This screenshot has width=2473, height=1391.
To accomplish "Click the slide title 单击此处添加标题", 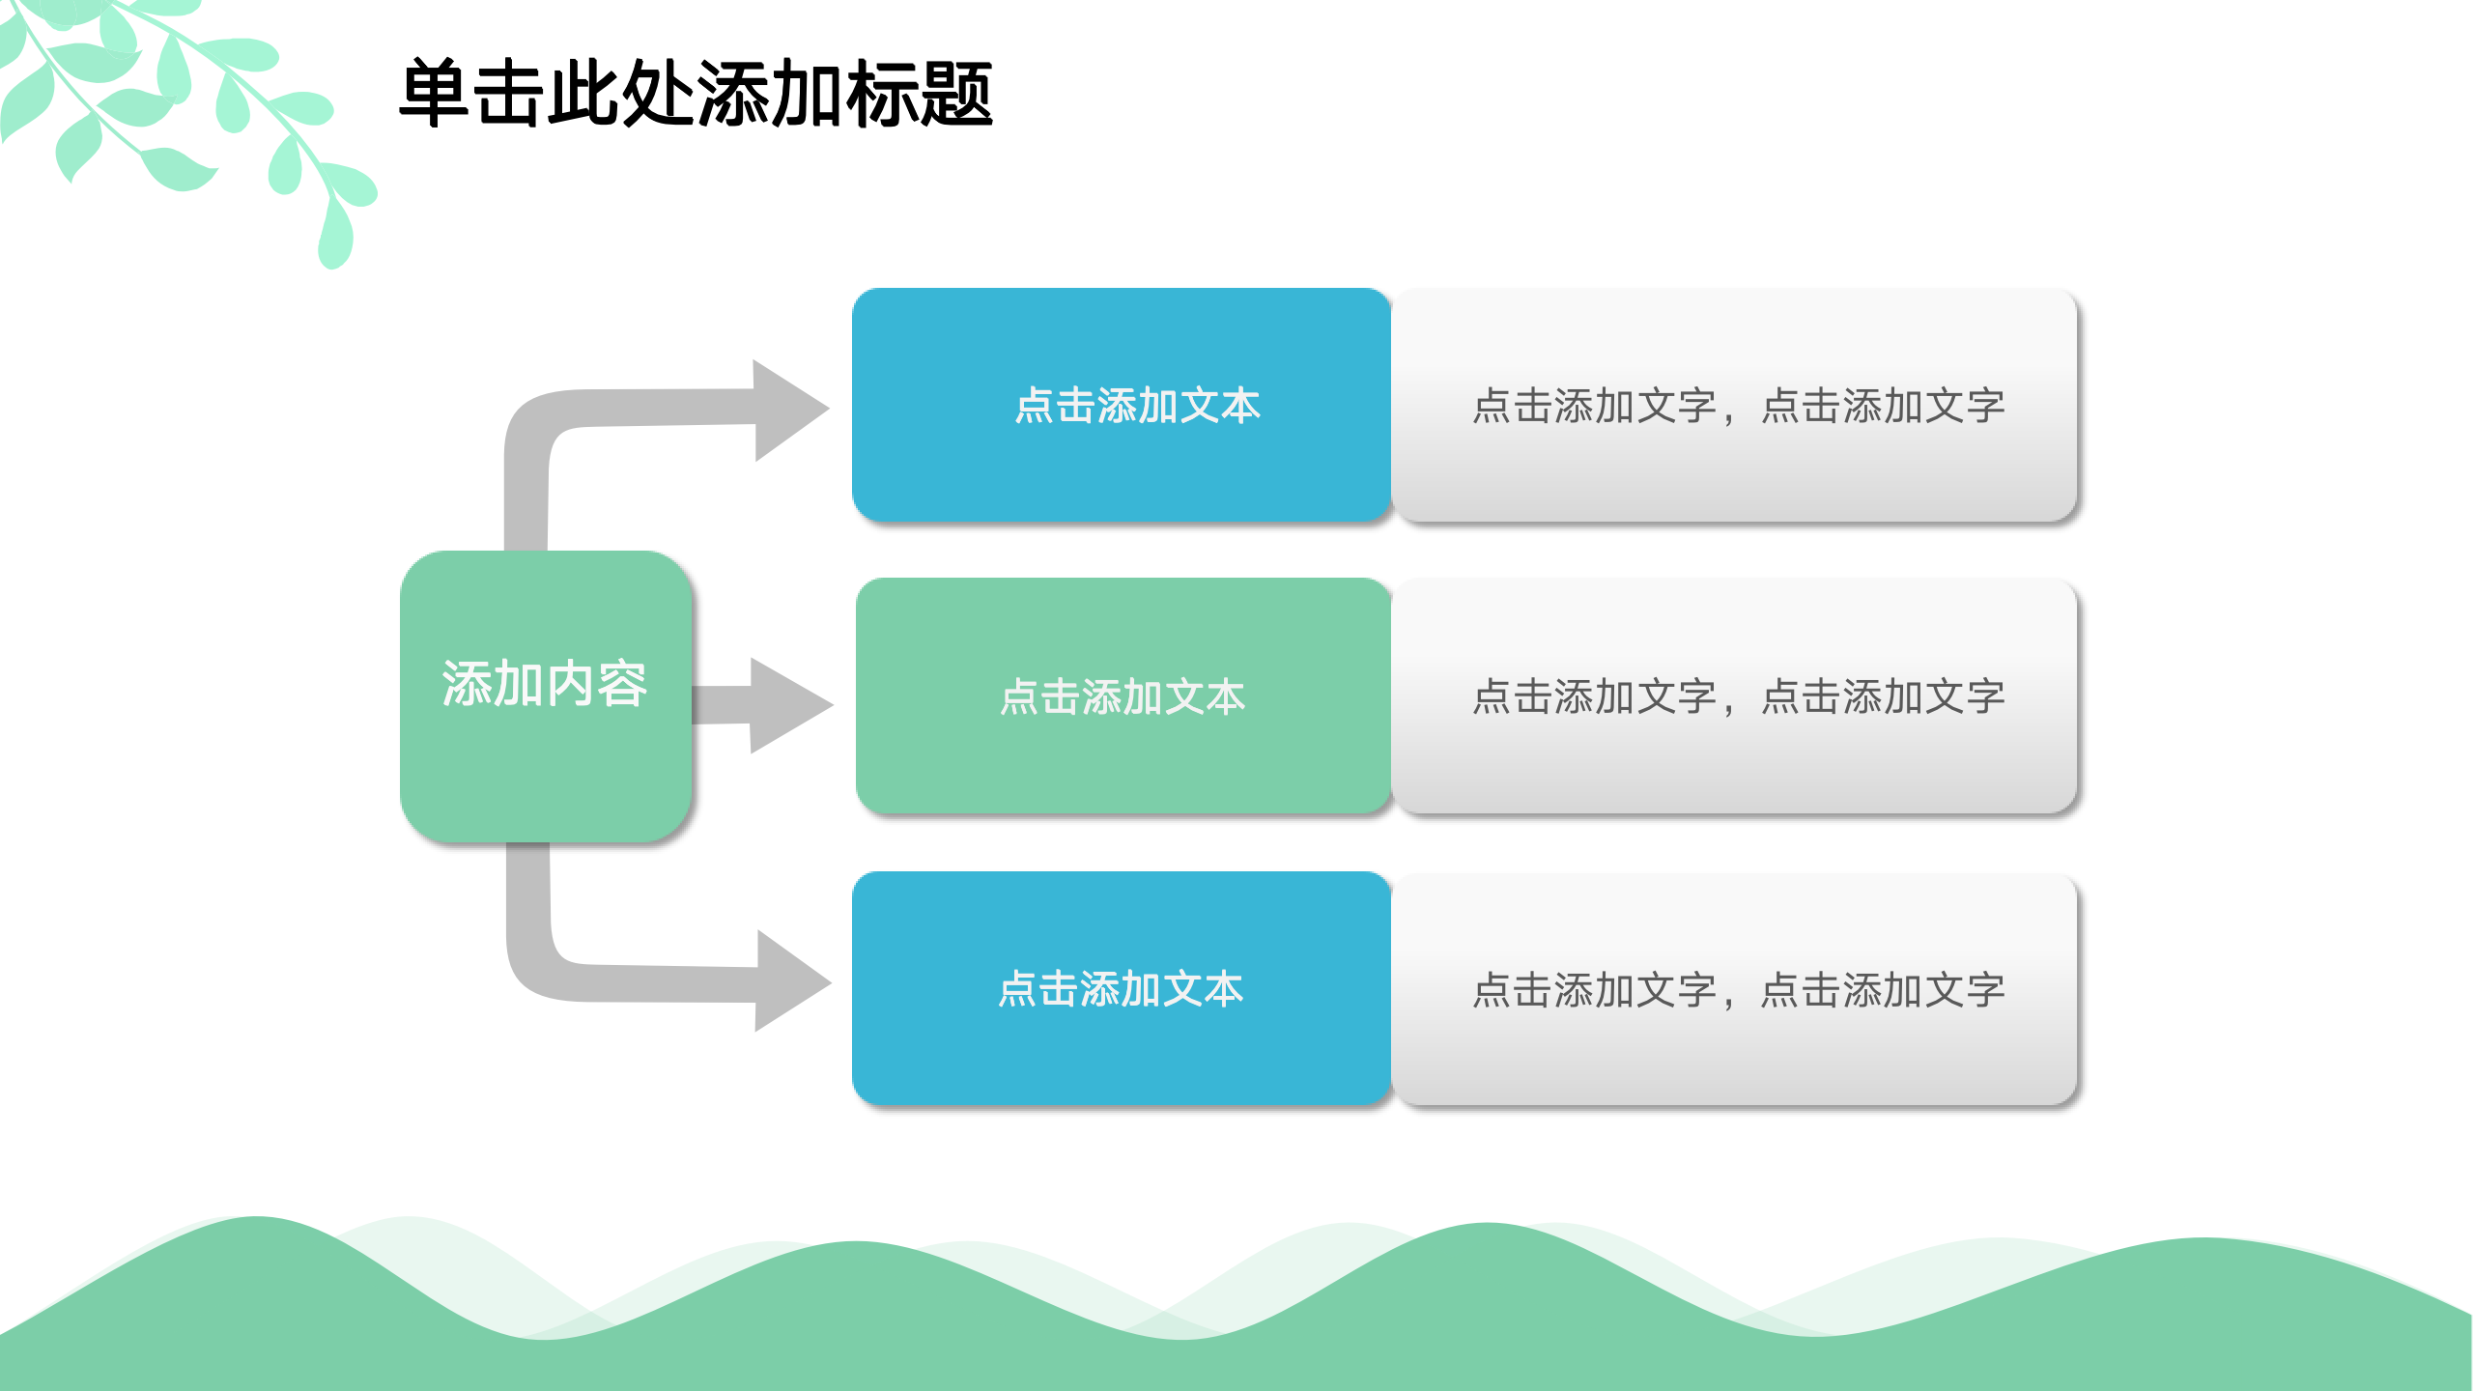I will pyautogui.click(x=696, y=94).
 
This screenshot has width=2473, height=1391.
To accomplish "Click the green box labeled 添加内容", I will pyautogui.click(x=546, y=695).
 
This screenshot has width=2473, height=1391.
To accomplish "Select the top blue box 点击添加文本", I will pyautogui.click(x=1121, y=405).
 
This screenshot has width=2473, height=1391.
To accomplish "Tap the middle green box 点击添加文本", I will pyautogui.click(x=1123, y=695).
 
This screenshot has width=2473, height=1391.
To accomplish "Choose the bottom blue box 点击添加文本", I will pyautogui.click(x=1121, y=988).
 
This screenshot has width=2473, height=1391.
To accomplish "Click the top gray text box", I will pyautogui.click(x=1735, y=405).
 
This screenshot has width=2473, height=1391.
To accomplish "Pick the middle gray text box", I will pyautogui.click(x=1735, y=695).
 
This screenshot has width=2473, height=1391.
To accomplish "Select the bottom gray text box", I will pyautogui.click(x=1735, y=989).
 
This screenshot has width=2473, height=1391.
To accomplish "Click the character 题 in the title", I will pyautogui.click(x=956, y=94).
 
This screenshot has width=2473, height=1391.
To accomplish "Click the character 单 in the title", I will pyautogui.click(x=435, y=94).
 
